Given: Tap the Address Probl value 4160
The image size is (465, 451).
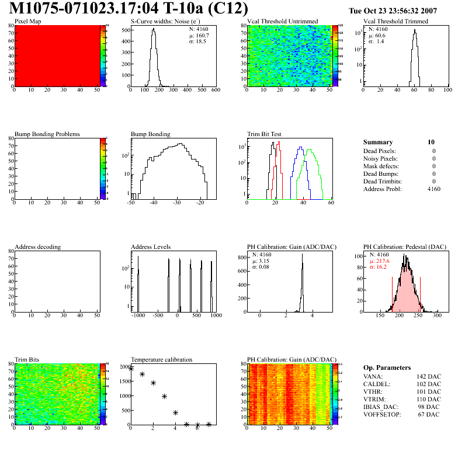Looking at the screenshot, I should (x=433, y=189).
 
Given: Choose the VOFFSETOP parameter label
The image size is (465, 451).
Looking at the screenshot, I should (x=383, y=415).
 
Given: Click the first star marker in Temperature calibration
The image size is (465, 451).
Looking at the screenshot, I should (x=131, y=369).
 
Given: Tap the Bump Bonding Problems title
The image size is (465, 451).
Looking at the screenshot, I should (x=47, y=134).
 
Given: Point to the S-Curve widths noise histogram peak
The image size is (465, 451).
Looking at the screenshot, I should (x=153, y=30).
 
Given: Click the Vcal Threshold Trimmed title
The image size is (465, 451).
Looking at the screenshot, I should (x=395, y=21).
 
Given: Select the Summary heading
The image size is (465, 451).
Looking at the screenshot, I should (x=378, y=142).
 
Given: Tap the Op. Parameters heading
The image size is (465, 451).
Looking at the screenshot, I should (x=387, y=367).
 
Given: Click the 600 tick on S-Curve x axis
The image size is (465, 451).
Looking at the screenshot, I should (x=215, y=90).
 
